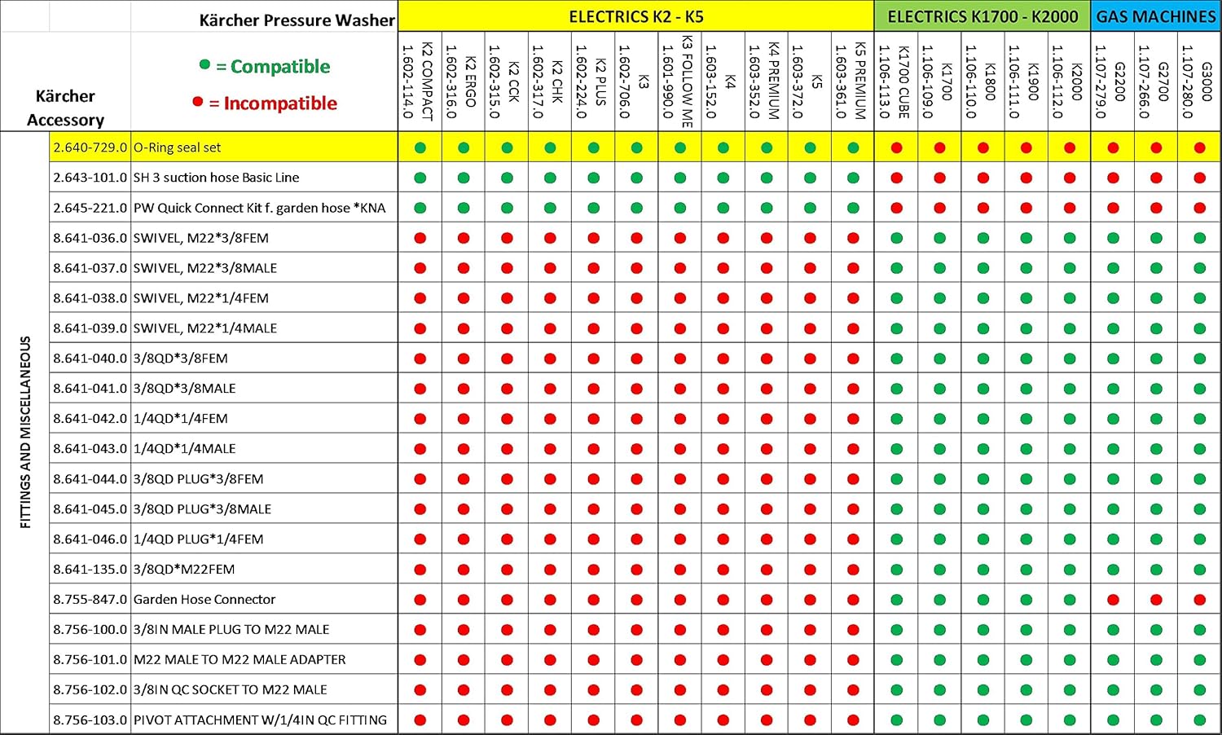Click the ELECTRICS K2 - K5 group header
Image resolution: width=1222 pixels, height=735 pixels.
pos(635,16)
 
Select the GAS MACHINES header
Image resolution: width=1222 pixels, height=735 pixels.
pos(1155,16)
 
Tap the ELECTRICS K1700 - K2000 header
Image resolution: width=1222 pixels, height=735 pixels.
pos(982,16)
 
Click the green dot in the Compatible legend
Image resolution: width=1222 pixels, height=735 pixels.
pos(204,65)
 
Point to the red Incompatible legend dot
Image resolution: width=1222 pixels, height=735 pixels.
pos(197,102)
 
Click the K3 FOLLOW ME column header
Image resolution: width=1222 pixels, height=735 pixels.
pos(679,81)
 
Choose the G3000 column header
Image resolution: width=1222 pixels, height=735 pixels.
pos(1199,81)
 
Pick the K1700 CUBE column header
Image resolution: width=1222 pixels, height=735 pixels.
pos(896,81)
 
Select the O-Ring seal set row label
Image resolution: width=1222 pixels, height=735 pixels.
pos(177,147)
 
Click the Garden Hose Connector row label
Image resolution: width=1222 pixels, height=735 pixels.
pos(204,599)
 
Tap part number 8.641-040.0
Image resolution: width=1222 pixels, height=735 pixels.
pos(90,358)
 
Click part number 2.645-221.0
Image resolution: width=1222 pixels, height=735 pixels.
pos(90,208)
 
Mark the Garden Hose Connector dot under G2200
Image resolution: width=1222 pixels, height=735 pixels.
pos(1113,600)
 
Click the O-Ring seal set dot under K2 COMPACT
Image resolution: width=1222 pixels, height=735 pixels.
pos(420,147)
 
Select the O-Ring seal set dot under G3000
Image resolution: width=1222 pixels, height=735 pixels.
pos(1199,147)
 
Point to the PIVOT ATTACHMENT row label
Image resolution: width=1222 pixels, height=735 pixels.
pos(260,720)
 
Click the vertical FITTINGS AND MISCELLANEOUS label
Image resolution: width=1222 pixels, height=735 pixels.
pos(25,432)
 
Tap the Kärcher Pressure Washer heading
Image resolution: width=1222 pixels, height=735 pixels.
pos(297,20)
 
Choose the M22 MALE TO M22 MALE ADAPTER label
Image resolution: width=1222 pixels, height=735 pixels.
pos(240,659)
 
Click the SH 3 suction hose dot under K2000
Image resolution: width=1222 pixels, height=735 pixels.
pos(1070,178)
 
